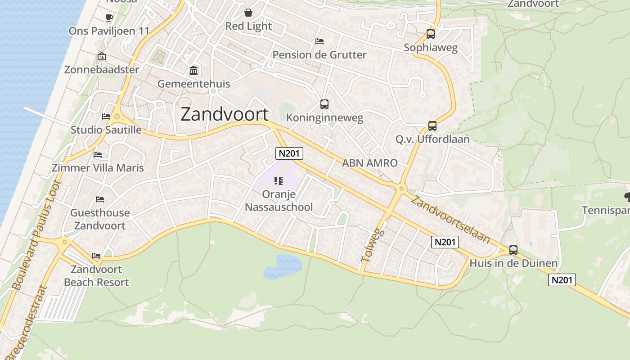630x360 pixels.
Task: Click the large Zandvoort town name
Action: pyautogui.click(x=225, y=115)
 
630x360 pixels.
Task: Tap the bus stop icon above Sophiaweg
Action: pyautogui.click(x=431, y=34)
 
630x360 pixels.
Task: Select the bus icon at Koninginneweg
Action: pyautogui.click(x=324, y=104)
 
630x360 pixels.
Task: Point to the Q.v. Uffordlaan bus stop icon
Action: pyautogui.click(x=432, y=126)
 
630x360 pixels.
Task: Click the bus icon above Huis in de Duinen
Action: pyautogui.click(x=513, y=250)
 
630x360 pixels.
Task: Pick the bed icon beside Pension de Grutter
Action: pyautogui.click(x=319, y=41)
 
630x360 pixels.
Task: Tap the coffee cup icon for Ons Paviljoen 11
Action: pyautogui.click(x=109, y=18)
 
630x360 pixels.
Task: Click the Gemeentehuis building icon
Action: pyautogui.click(x=194, y=71)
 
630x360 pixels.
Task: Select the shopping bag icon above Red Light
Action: pyautogui.click(x=248, y=13)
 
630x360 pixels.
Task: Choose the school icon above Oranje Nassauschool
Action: pyautogui.click(x=279, y=181)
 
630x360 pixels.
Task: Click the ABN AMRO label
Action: pyautogui.click(x=370, y=163)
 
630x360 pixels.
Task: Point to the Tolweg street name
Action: pyautogui.click(x=373, y=245)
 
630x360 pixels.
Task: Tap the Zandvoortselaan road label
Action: pyautogui.click(x=450, y=220)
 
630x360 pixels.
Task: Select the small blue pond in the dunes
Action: pyautogui.click(x=282, y=266)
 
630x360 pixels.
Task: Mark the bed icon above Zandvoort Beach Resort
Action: pyautogui.click(x=96, y=256)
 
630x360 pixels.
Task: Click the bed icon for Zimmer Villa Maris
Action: pyautogui.click(x=98, y=155)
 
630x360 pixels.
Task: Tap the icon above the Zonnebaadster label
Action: pyautogui.click(x=102, y=57)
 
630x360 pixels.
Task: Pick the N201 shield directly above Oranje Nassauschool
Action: pyautogui.click(x=289, y=153)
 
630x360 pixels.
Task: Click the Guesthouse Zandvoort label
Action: pyautogui.click(x=100, y=219)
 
